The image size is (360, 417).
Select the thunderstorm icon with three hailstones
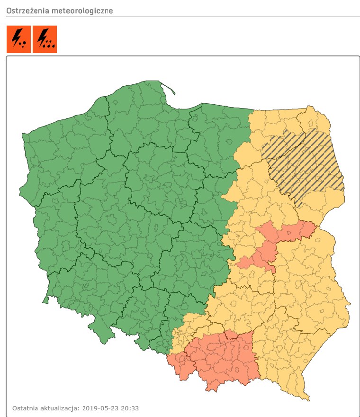pos(18,39)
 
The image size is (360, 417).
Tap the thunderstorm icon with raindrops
pos(45,39)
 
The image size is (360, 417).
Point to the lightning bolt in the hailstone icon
pos(16,36)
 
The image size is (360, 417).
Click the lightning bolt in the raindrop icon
pos(42,36)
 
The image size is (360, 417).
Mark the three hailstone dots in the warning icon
pos(22,45)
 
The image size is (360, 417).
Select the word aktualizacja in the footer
pos(61,408)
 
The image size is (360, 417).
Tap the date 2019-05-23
pos(101,408)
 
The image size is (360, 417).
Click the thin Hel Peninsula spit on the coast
pos(168,88)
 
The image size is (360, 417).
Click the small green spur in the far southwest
pos(46,299)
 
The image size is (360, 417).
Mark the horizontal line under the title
pos(180,17)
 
